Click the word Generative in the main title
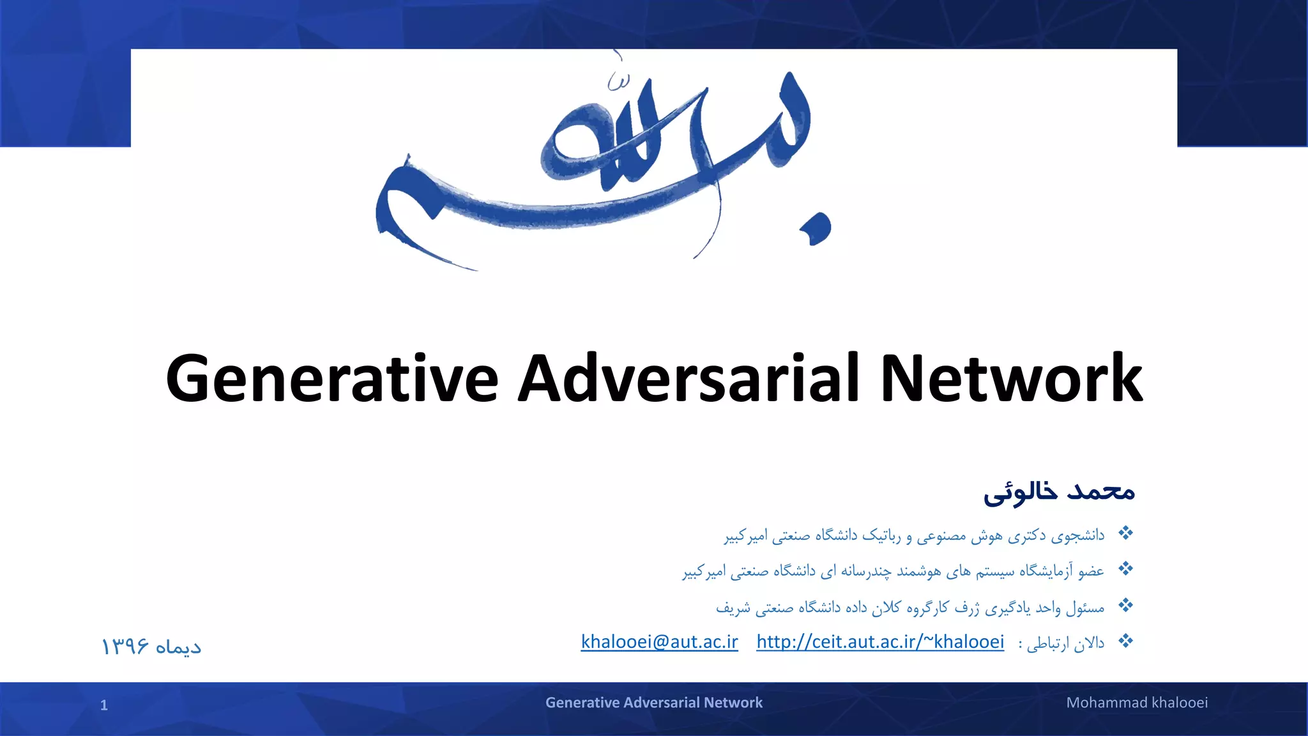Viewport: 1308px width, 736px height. [x=331, y=379]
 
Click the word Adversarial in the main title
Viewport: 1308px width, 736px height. [x=689, y=379]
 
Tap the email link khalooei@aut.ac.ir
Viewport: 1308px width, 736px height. [x=659, y=641]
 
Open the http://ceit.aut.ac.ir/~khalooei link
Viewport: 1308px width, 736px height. [x=880, y=641]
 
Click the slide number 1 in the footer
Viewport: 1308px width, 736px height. [x=104, y=705]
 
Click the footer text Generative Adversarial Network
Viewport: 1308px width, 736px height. [x=653, y=703]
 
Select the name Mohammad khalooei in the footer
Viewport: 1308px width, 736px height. [x=1137, y=703]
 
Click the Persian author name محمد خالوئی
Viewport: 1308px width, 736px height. [x=1059, y=491]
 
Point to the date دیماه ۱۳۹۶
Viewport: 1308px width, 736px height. [x=151, y=647]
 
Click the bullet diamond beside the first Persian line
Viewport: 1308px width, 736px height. [x=1125, y=533]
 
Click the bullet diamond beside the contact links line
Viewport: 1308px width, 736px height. [x=1125, y=641]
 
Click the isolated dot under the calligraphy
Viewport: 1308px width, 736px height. [x=817, y=229]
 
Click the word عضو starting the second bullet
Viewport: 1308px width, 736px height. [x=1091, y=571]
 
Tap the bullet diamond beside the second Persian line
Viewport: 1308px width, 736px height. [x=1125, y=569]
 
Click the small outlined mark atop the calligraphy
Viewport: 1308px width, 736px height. [x=618, y=81]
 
